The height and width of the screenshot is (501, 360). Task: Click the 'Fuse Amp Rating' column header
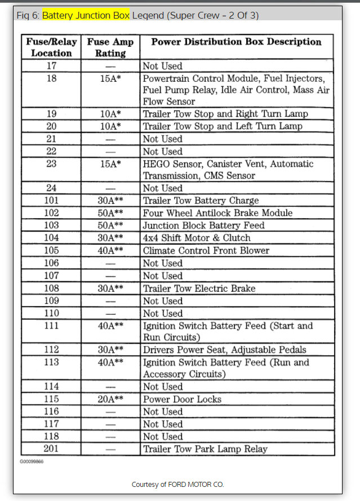[x=110, y=47]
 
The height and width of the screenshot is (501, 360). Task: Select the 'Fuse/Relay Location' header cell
[x=51, y=47]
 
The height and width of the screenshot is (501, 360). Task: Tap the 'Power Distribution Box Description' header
[x=237, y=42]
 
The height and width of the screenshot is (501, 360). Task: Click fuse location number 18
[x=51, y=79]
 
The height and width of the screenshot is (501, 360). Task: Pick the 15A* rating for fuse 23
[x=110, y=164]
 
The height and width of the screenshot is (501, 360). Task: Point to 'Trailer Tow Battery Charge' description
[x=201, y=201]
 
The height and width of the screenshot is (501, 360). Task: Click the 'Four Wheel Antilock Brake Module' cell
[x=217, y=213]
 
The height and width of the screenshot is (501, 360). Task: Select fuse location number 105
[x=51, y=250]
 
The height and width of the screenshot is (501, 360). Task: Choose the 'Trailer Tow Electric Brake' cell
[x=199, y=289]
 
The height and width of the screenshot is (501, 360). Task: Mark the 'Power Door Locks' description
[x=182, y=399]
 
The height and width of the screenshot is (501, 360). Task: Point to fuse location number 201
[x=51, y=449]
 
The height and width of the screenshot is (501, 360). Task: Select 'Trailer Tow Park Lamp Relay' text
[x=205, y=449]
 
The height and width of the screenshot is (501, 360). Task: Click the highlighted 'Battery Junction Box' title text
[x=86, y=15]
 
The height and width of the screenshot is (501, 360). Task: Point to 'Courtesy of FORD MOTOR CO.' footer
[x=178, y=485]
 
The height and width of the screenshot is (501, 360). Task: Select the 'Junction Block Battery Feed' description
[x=203, y=225]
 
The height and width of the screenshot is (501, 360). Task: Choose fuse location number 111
[x=51, y=326]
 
